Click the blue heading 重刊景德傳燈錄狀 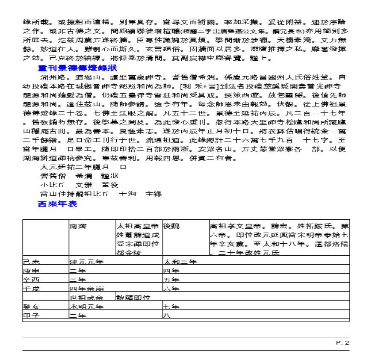(77, 68)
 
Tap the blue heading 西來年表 (58, 204)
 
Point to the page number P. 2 (342, 342)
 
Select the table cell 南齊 (79, 225)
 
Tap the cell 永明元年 (86, 307)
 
